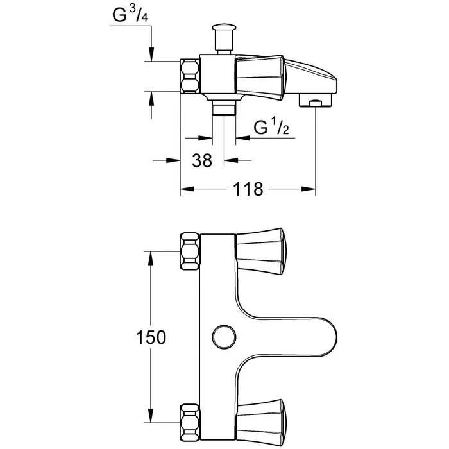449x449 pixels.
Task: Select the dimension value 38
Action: click(202, 161)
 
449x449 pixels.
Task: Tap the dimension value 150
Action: click(151, 336)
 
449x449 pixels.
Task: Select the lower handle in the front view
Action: click(260, 419)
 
